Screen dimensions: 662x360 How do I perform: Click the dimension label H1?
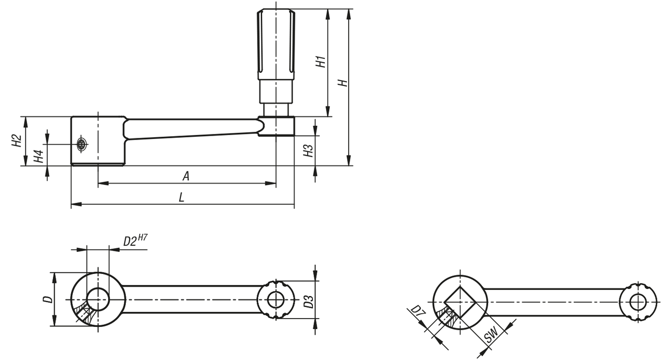321,61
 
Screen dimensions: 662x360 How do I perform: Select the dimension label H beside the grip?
343,83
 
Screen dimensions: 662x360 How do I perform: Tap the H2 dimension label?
17,141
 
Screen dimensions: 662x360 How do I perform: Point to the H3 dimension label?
308,151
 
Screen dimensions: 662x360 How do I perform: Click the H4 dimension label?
39,156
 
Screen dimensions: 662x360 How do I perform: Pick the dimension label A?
186,176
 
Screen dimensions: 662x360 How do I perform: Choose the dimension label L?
181,197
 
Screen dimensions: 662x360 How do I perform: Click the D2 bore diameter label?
130,241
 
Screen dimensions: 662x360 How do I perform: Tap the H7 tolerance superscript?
142,237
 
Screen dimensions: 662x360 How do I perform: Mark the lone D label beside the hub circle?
48,299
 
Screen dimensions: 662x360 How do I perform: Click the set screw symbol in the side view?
81,144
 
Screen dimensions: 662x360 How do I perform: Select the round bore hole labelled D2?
98,299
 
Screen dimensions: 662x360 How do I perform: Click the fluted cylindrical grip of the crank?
276,44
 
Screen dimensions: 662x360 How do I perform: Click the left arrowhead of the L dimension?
76,204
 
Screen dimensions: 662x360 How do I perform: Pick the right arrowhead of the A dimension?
270,184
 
